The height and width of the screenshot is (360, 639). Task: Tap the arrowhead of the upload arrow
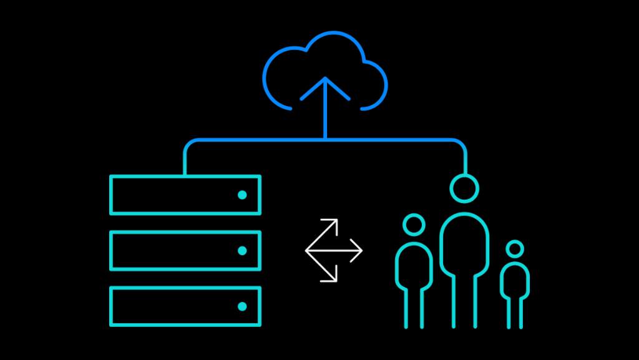pos(324,81)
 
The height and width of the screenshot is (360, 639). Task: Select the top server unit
pos(185,195)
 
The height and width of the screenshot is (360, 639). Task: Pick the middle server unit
pos(185,250)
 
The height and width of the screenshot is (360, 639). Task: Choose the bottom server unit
pos(185,306)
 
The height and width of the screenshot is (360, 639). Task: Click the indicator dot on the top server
pos(242,195)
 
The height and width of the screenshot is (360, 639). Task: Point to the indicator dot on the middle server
pos(242,251)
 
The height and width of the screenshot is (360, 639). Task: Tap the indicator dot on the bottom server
pos(242,306)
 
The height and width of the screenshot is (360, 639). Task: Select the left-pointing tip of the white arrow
pos(307,250)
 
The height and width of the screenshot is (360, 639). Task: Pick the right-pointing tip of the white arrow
pos(360,250)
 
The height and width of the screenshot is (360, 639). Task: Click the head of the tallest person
pos(464,189)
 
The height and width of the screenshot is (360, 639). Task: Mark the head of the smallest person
pos(514,249)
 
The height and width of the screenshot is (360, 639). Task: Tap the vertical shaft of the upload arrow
pos(324,115)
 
